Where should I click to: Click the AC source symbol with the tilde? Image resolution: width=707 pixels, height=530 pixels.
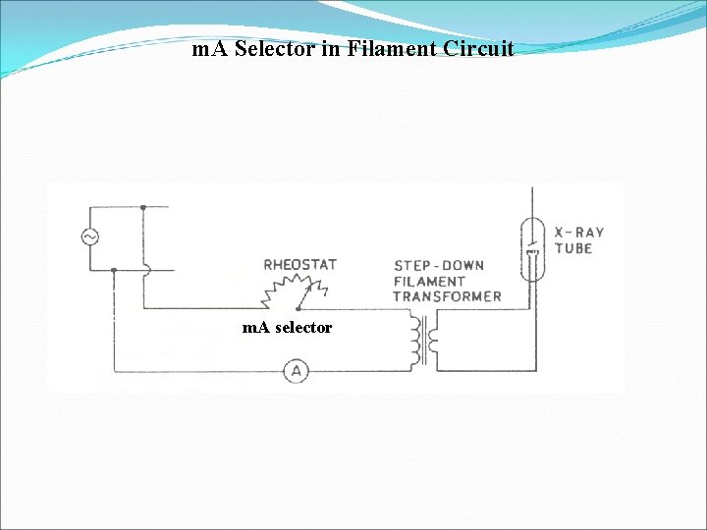click(89, 238)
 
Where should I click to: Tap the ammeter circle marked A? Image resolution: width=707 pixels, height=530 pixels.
click(296, 371)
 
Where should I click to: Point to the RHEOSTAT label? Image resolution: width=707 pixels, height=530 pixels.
click(299, 265)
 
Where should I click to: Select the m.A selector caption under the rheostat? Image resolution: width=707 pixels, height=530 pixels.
click(287, 328)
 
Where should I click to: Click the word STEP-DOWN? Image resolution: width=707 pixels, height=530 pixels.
click(438, 266)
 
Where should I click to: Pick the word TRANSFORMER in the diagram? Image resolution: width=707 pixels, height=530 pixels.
click(447, 295)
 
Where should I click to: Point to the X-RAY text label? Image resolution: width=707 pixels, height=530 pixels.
click(579, 233)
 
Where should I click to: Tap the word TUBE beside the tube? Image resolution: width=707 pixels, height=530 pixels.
click(573, 248)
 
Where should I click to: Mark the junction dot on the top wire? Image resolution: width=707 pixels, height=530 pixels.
click(143, 207)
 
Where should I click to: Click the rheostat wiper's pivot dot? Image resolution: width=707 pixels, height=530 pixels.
click(298, 307)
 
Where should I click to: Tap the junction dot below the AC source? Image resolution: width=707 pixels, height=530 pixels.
click(115, 269)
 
